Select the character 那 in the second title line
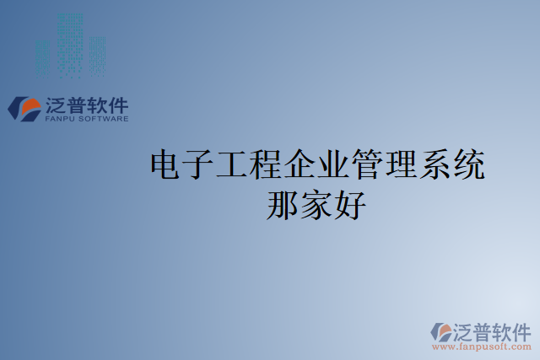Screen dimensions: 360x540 click(283, 204)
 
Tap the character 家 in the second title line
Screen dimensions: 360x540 click(316, 204)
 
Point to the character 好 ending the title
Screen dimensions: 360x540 click(350, 204)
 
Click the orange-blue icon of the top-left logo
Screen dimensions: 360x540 click(24, 108)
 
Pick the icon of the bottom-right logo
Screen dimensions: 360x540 click(442, 331)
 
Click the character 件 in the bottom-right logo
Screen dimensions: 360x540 click(521, 330)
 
